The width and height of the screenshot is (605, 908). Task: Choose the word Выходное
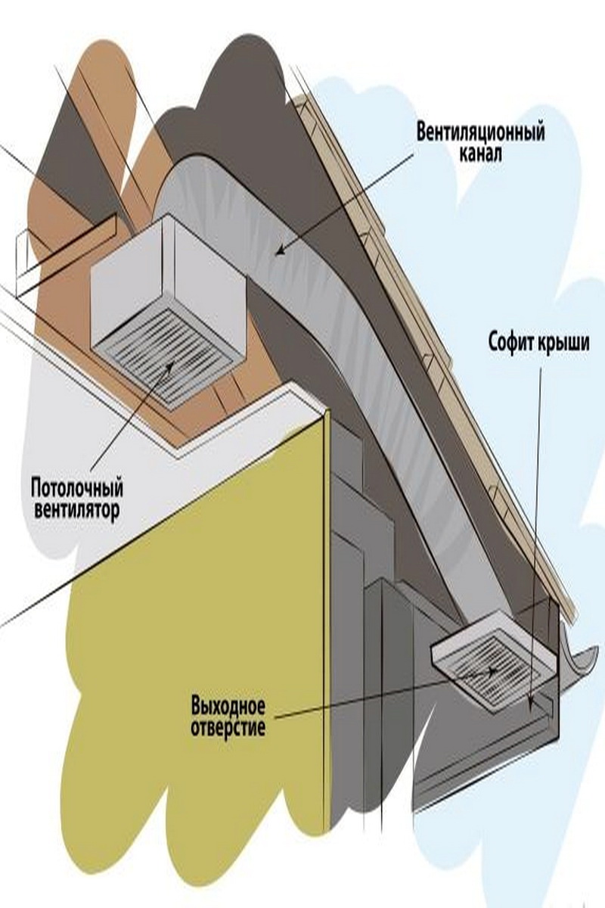pyautogui.click(x=228, y=709)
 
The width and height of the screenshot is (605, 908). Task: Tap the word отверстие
pyautogui.click(x=228, y=730)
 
